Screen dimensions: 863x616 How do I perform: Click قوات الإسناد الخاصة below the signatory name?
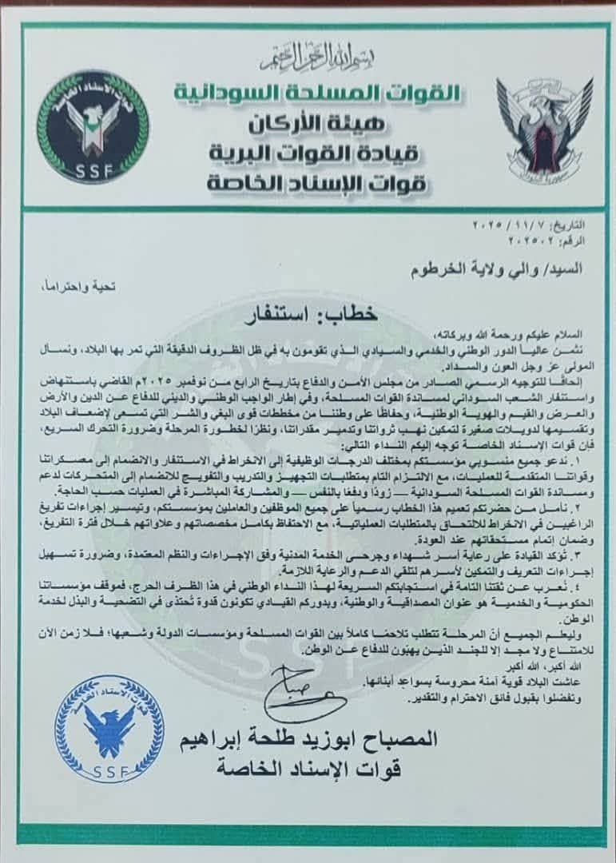point(336,769)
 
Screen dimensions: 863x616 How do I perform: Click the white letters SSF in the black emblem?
point(95,171)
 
